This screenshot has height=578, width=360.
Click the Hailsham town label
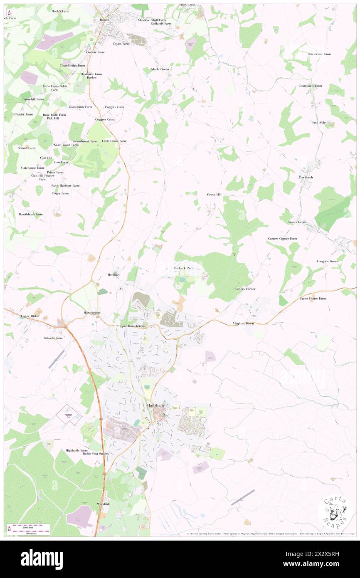click(155, 405)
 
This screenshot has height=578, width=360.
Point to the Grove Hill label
click(214, 195)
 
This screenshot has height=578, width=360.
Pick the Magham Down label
click(243, 324)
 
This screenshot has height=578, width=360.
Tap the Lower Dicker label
click(30, 316)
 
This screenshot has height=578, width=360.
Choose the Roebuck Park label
click(183, 268)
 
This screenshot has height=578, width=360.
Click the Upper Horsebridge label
click(131, 326)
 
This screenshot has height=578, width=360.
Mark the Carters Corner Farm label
click(282, 239)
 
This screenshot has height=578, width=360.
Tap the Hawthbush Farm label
click(30, 214)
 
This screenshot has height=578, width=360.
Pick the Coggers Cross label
click(105, 119)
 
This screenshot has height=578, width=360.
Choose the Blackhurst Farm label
click(319, 54)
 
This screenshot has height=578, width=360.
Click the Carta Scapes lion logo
click(335, 511)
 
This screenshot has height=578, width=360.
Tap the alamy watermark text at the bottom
click(42, 559)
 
